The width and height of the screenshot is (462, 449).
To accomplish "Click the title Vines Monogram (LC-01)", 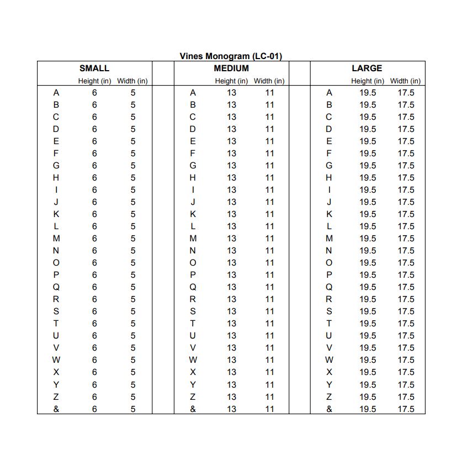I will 231,56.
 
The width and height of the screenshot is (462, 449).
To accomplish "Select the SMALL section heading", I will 94,68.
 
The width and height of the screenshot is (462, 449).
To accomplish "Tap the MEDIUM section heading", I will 231,68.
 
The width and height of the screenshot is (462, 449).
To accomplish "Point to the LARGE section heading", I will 367,68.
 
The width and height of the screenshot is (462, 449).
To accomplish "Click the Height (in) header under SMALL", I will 94,81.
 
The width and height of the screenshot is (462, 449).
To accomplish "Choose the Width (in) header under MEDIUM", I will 269,81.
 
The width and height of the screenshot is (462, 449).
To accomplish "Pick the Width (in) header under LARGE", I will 405,81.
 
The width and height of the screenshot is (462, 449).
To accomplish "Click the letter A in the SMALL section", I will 56,93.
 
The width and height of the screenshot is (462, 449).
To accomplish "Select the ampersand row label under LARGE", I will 330,409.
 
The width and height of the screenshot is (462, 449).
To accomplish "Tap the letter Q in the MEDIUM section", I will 193,287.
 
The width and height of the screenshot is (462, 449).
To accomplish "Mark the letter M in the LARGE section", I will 330,239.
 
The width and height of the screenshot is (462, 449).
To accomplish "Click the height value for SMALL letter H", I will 94,178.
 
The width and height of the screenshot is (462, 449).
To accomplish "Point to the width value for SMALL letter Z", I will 133,397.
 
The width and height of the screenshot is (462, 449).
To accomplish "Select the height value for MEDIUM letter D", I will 231,129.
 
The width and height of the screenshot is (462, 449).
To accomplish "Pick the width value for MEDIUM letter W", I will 269,360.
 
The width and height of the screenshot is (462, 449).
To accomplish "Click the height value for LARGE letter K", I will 368,214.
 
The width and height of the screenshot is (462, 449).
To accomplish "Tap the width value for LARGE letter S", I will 406,311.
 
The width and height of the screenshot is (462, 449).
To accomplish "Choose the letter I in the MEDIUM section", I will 193,190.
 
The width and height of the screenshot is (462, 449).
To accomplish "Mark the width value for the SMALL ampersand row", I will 133,409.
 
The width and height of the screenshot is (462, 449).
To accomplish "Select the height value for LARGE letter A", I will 368,93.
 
